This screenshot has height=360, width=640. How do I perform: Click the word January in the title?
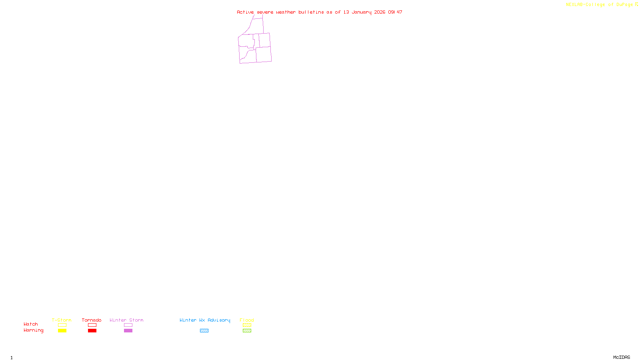361,12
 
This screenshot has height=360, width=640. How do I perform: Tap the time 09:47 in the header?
395,12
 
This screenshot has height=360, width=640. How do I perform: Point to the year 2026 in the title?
380,12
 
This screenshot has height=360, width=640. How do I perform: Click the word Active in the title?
245,12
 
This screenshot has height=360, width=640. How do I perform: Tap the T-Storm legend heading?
62,320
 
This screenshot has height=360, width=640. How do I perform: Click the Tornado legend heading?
92,320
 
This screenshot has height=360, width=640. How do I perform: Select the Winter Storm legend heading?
126,320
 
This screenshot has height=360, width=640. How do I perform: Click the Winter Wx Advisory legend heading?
205,320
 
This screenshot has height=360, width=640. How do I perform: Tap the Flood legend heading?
247,320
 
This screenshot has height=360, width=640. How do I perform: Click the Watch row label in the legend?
31,324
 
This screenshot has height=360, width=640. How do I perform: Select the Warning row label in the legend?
34,330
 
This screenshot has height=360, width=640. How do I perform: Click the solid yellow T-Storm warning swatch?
62,331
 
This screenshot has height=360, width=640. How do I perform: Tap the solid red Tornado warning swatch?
92,331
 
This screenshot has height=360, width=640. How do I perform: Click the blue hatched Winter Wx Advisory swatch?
204,331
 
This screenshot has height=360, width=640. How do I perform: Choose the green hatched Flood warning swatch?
247,331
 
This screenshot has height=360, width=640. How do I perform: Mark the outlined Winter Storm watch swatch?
128,325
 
